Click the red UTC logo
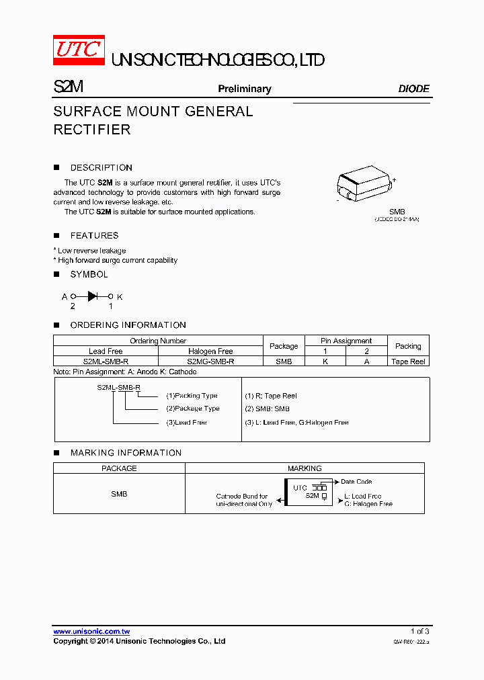click(x=79, y=50)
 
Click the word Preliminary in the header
click(x=244, y=89)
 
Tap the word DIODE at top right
click(x=413, y=89)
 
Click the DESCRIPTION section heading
click(x=101, y=168)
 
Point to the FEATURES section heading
click(x=94, y=236)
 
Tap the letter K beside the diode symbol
click(x=120, y=296)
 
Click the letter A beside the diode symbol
click(x=65, y=296)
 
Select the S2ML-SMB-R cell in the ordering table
click(x=106, y=361)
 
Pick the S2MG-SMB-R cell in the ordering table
click(x=210, y=361)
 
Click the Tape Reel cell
click(x=408, y=361)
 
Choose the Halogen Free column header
click(x=210, y=351)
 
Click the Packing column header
click(x=408, y=346)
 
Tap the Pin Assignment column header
click(x=346, y=341)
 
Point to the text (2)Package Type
click(x=193, y=409)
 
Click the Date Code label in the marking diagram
click(x=356, y=482)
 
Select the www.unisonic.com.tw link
click(x=91, y=632)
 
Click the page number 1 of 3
click(x=419, y=632)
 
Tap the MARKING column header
click(x=305, y=468)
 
